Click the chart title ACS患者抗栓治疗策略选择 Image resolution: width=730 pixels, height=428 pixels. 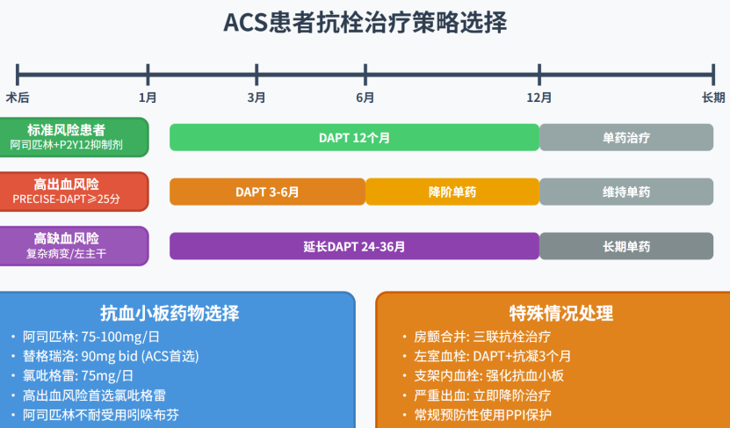pyautogui.click(x=365, y=23)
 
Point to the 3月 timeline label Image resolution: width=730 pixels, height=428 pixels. pyautogui.click(x=257, y=97)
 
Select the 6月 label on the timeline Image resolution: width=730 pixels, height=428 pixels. pyautogui.click(x=365, y=97)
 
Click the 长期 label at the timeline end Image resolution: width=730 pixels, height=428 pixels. pyautogui.click(x=713, y=97)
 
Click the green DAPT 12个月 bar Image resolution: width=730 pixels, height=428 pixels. pyautogui.click(x=354, y=138)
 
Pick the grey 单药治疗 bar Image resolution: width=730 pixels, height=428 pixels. pyautogui.click(x=626, y=138)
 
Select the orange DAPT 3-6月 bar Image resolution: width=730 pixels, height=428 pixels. pyautogui.click(x=267, y=192)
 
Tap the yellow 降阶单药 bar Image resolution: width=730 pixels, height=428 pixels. pyautogui.click(x=452, y=192)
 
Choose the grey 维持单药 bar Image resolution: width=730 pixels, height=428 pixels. pyautogui.click(x=626, y=192)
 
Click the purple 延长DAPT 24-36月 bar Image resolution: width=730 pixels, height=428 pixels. pyautogui.click(x=354, y=246)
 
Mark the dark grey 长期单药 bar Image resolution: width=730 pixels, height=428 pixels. pyautogui.click(x=626, y=246)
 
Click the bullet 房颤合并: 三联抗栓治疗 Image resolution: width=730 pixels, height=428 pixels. pyautogui.click(x=479, y=337)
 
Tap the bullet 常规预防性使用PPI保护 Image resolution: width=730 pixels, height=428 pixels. pyautogui.click(x=482, y=415)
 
